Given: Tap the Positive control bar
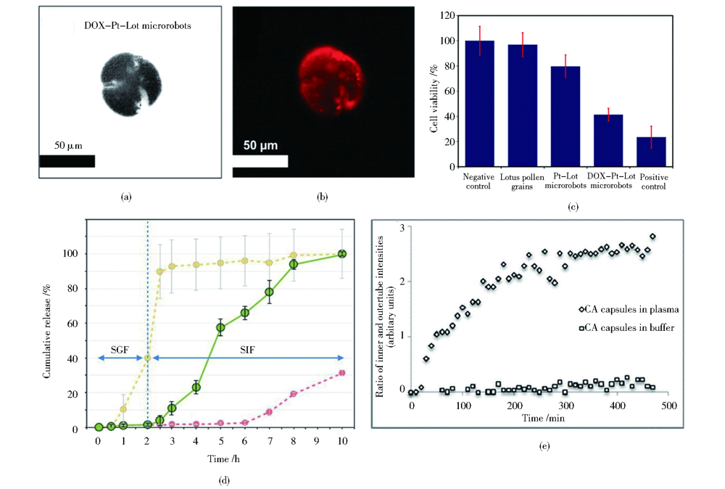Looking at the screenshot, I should click(652, 153).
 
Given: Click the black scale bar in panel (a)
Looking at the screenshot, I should click(67, 161).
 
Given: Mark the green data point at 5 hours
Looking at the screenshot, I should click(220, 327).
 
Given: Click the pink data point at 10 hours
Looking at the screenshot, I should click(342, 373).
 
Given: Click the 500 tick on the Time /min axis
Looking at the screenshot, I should click(668, 406).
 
